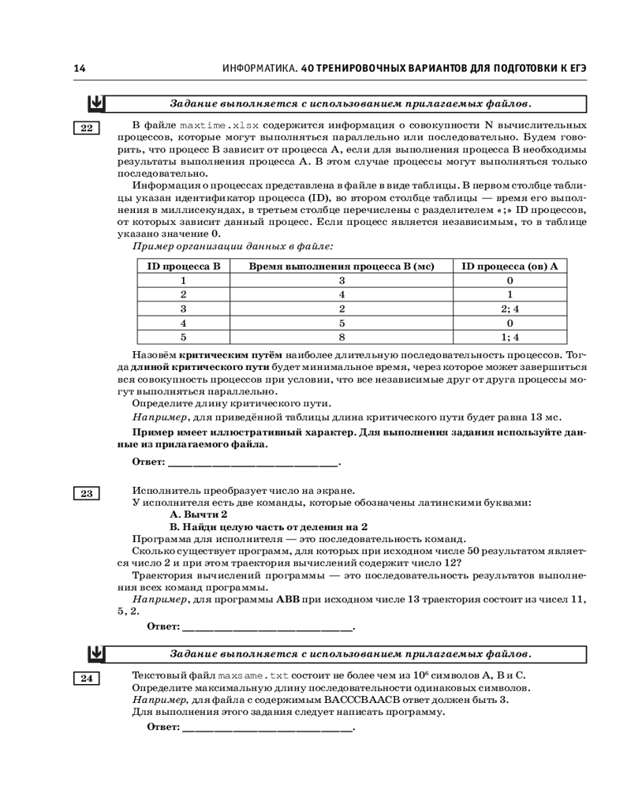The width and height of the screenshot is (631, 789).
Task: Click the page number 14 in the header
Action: click(79, 69)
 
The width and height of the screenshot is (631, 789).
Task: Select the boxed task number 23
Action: click(86, 494)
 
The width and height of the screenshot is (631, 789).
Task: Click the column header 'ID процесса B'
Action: click(184, 266)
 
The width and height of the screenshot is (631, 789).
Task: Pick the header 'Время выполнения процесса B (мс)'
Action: click(342, 266)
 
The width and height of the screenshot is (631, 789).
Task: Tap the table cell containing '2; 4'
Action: click(510, 308)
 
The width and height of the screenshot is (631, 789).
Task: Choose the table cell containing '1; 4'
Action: click(510, 337)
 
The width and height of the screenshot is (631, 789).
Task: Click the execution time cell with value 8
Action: click(342, 337)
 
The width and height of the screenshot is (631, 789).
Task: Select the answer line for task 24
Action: click(267, 727)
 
